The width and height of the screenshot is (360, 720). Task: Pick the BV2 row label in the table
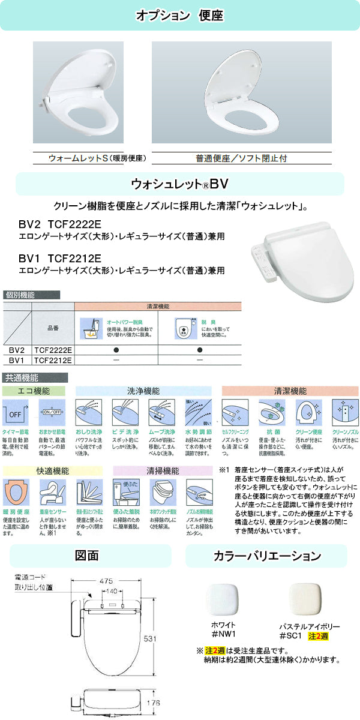tap(16, 349)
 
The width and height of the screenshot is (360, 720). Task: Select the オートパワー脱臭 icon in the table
tap(92, 329)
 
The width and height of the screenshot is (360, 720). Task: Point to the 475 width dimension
tap(107, 581)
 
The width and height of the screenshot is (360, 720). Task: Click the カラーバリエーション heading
tap(266, 556)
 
